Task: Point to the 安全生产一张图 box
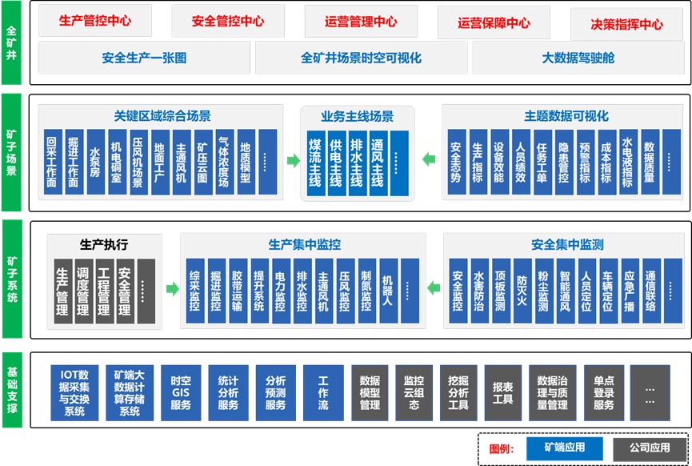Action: pyautogui.click(x=143, y=58)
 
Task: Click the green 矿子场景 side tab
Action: pyautogui.click(x=11, y=152)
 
